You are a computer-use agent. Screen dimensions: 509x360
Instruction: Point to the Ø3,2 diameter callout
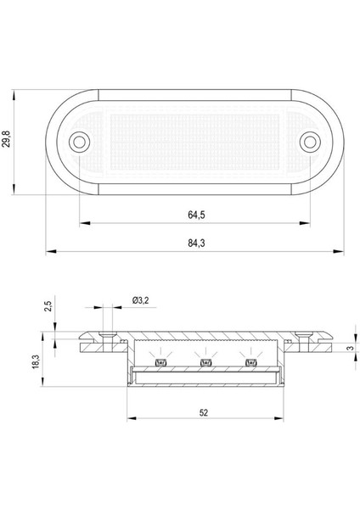(x=141, y=299)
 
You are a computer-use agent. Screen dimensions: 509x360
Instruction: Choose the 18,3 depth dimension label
(x=33, y=363)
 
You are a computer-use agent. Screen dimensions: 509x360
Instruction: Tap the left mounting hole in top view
(x=80, y=140)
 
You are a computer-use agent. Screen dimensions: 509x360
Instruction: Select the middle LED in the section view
(x=205, y=364)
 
